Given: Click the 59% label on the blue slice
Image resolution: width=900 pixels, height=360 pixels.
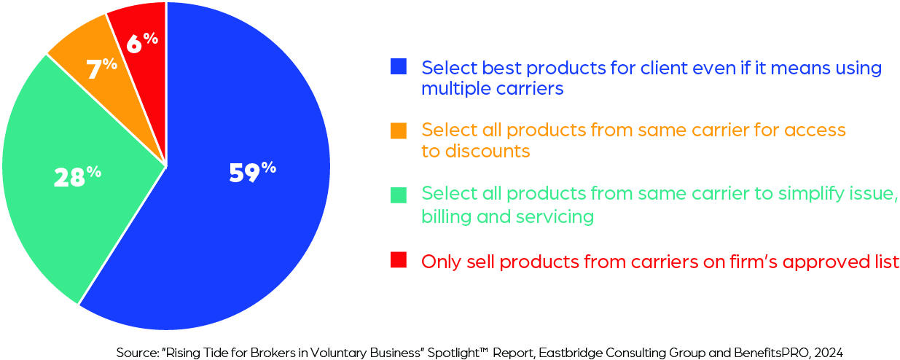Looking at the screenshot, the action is [253, 173].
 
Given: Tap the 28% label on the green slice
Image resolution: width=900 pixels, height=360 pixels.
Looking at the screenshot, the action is [77, 177].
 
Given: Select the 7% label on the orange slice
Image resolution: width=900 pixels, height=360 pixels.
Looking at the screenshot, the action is [102, 68].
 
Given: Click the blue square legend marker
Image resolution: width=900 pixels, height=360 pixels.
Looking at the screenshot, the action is [399, 66].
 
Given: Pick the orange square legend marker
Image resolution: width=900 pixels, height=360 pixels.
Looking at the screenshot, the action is [399, 130].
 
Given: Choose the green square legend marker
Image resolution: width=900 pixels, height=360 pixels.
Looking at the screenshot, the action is [399, 195].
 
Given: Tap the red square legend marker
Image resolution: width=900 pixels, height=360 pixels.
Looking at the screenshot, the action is [399, 259].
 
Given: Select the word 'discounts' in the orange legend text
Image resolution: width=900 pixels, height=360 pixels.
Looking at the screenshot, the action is [488, 151].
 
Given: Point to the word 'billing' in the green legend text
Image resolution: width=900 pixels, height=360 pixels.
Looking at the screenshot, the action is [446, 217].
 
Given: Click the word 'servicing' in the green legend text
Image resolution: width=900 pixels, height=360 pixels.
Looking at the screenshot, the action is [555, 217].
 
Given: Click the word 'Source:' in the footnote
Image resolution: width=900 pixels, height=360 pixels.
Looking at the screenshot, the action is [138, 353].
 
